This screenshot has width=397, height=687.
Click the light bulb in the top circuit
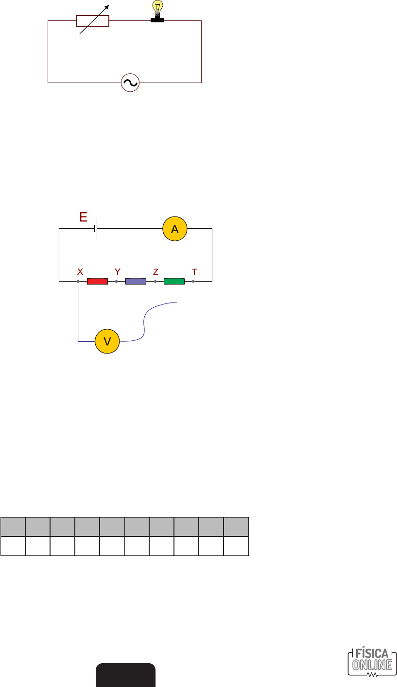coord(157,8)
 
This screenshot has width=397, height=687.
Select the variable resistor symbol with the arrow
coord(93,21)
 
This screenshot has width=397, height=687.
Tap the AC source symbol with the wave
coord(130,83)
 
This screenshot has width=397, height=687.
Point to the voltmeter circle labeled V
coord(107,341)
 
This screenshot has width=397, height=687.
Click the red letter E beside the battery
coord(84,217)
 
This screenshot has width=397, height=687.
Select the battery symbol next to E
coord(96,228)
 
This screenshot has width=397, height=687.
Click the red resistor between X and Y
coord(97,281)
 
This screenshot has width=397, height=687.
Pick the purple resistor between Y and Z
coord(136,281)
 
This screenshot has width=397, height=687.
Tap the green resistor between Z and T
coord(174,281)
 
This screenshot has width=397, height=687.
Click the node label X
coord(80,272)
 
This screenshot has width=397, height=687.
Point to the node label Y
coord(117,272)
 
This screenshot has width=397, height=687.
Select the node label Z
coord(155,272)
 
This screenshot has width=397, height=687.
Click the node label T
coord(194,272)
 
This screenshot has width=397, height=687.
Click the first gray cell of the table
coord(13,527)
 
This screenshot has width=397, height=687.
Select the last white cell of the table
coord(236,546)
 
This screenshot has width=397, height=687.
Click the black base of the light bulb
coord(157,20)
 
